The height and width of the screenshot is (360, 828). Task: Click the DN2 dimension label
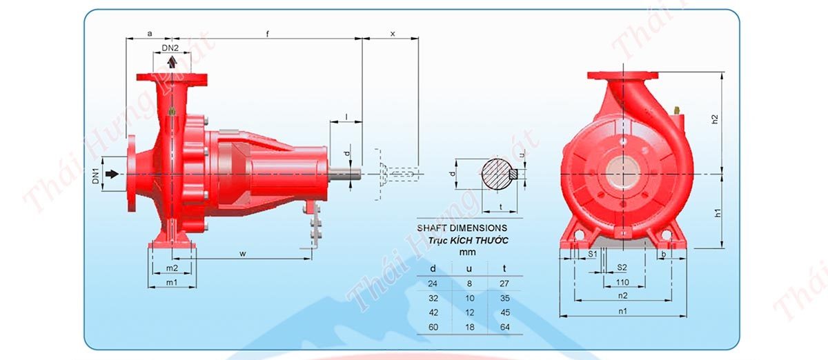[x=170, y=48]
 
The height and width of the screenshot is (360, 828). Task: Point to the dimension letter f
[x=267, y=32]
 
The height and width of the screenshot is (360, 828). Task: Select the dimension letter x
[x=392, y=32]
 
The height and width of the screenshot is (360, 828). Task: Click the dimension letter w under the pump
[x=243, y=253]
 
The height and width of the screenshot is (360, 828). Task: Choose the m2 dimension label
[x=172, y=268]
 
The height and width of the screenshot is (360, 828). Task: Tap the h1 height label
[x=718, y=213]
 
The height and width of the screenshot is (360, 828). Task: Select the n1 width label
[x=622, y=311]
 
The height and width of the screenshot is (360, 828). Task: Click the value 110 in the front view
[x=622, y=282]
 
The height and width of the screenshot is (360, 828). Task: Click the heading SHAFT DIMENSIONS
[x=462, y=227]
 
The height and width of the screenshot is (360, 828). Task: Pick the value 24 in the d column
[x=433, y=283]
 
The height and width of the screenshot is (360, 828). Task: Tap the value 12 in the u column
[x=469, y=312]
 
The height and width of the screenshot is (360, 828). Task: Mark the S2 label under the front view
[x=622, y=268]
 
